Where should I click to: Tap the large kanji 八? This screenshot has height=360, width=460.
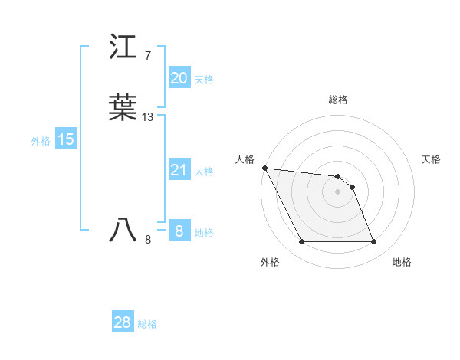[x=124, y=230]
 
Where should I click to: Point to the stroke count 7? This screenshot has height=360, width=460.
[x=147, y=56]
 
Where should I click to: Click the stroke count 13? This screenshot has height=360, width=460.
[x=148, y=117]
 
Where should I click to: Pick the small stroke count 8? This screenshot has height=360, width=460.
[x=148, y=240]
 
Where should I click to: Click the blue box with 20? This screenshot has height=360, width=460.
[x=179, y=78]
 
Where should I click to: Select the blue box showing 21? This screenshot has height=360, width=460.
[x=179, y=170]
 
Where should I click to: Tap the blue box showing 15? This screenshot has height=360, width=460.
[x=66, y=139]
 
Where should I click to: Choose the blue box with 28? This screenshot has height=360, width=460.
[x=123, y=322]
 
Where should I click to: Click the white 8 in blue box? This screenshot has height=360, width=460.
[x=179, y=231]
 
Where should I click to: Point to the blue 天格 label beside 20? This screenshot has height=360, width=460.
[x=204, y=80]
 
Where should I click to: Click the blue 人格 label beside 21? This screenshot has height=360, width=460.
[x=204, y=172]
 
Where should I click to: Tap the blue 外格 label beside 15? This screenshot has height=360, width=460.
[x=41, y=141]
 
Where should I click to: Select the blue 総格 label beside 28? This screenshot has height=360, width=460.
[x=147, y=324]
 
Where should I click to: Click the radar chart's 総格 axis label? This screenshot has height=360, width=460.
[x=338, y=100]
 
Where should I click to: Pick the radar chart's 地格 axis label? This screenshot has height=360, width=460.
[x=402, y=262]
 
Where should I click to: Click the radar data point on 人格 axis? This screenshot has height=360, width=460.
[x=264, y=168]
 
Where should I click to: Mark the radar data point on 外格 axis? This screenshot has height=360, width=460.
[x=301, y=242]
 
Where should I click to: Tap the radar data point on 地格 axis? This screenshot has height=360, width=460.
[x=373, y=242]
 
